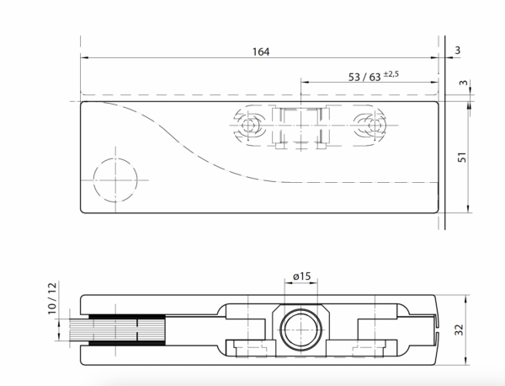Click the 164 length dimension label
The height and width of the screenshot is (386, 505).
pyautogui.click(x=261, y=51)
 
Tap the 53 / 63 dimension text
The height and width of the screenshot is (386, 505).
pyautogui.click(x=364, y=78)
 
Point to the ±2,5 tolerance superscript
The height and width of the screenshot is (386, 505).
pyautogui.click(x=391, y=74)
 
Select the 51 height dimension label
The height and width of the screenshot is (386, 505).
pyautogui.click(x=462, y=158)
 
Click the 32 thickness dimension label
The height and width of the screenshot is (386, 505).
pyautogui.click(x=459, y=330)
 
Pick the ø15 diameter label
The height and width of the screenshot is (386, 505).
pyautogui.click(x=302, y=276)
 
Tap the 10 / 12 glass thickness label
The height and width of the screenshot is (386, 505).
pyautogui.click(x=52, y=298)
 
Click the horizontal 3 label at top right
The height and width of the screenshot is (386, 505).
pyautogui.click(x=458, y=51)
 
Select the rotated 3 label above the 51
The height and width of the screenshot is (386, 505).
pyautogui.click(x=463, y=83)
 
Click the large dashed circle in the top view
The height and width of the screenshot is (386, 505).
pyautogui.click(x=93, y=180)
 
